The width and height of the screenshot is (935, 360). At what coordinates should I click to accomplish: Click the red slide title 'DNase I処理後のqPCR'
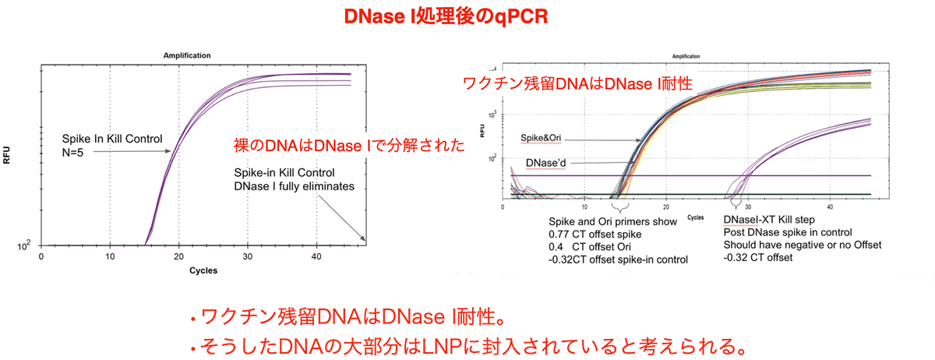point(446,16)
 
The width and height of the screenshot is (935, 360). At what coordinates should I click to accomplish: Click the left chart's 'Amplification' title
point(187,55)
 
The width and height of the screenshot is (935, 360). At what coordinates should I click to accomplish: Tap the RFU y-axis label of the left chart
point(7,155)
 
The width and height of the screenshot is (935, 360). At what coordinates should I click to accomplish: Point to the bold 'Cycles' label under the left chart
point(203,270)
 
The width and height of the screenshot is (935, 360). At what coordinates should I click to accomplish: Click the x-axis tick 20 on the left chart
point(178,256)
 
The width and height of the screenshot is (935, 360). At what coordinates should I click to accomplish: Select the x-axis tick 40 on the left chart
point(316,256)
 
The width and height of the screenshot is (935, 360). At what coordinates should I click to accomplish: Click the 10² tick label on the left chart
point(24,245)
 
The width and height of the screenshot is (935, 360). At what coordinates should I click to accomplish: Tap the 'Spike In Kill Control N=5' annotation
point(112,146)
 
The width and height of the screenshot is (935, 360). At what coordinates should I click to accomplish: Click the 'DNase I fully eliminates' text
point(294,186)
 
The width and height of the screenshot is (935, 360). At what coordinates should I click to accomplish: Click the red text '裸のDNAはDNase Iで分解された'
point(349,146)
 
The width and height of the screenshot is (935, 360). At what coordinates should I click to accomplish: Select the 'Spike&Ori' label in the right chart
point(541,138)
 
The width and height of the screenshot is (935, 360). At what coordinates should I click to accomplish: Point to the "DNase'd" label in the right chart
point(545,163)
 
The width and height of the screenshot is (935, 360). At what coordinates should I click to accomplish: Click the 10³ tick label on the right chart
point(492,114)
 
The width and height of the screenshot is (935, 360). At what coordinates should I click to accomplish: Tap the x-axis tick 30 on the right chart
point(748,206)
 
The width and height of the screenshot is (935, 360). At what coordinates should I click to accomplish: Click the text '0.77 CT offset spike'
point(595,235)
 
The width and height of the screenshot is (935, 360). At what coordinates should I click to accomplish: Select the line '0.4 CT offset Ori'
point(589,247)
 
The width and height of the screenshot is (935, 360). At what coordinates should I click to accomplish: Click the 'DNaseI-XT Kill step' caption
point(769,220)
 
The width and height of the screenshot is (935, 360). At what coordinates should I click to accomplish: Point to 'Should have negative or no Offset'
point(803,245)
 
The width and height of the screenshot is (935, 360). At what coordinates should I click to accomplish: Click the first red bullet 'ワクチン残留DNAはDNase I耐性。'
point(348,317)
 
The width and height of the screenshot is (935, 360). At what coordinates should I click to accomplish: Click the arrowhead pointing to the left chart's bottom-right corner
point(363,239)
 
